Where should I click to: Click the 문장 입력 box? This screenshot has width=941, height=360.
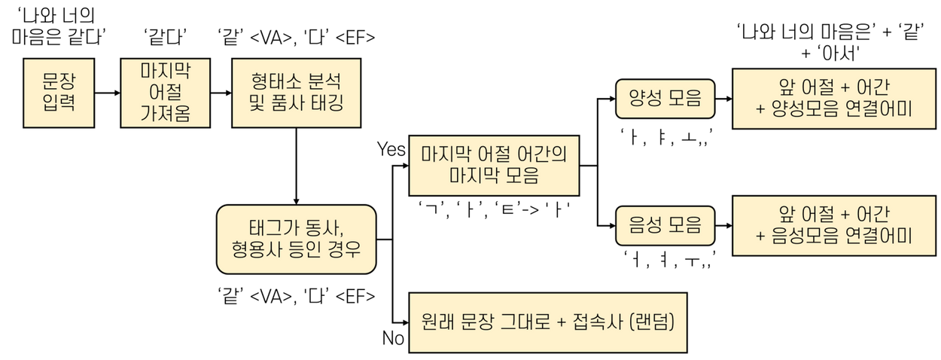pyautogui.click(x=59, y=93)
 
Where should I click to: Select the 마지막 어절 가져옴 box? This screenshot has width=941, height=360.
pyautogui.click(x=165, y=93)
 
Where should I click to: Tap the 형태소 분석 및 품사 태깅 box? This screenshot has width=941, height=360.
pyautogui.click(x=296, y=93)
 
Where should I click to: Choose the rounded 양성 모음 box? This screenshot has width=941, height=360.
pyautogui.click(x=665, y=98)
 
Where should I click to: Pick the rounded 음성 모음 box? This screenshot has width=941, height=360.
pyautogui.click(x=665, y=224)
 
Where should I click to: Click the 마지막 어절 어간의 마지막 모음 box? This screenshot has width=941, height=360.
pyautogui.click(x=494, y=166)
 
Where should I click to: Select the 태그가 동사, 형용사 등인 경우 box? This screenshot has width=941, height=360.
pyautogui.click(x=296, y=239)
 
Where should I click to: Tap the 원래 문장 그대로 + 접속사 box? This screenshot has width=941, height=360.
pyautogui.click(x=547, y=322)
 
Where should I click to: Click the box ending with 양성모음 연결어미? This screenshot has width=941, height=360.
pyautogui.click(x=833, y=98)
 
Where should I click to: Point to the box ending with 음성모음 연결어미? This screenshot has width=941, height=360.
pyautogui.click(x=833, y=225)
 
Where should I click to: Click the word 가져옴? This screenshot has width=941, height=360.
pyautogui.click(x=165, y=115)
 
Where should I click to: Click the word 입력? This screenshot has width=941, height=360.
pyautogui.click(x=59, y=104)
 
